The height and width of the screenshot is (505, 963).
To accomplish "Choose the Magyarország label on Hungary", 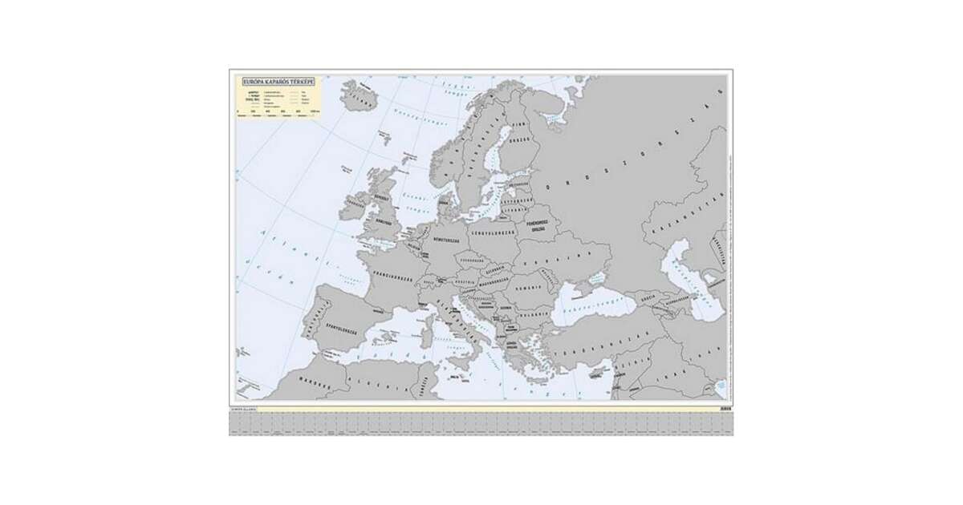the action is click(x=490, y=281).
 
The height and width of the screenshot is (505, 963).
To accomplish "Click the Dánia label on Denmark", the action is click(x=442, y=203).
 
